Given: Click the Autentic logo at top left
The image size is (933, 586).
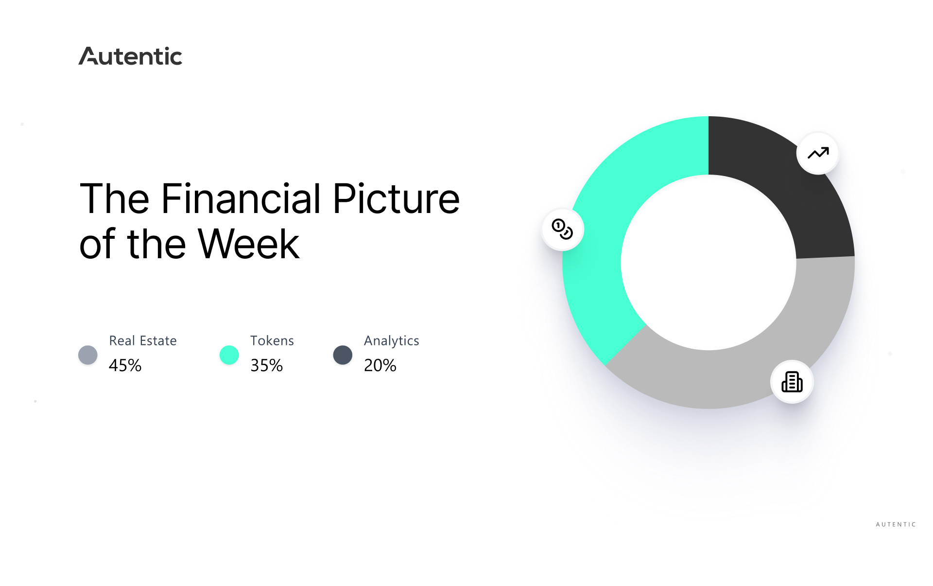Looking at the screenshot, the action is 130,56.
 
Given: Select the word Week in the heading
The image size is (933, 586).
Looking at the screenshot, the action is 249,244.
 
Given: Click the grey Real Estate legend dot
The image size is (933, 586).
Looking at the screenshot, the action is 88,355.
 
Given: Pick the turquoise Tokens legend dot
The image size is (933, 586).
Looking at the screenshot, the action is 229,355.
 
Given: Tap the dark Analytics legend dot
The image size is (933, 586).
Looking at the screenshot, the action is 343,355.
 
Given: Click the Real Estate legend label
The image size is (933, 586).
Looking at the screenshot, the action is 143,340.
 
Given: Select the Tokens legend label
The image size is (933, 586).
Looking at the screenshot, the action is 272,340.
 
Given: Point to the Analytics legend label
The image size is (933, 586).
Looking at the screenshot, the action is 392,341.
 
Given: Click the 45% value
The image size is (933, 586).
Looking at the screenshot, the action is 125,365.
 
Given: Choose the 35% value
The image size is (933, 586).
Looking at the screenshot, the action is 267,365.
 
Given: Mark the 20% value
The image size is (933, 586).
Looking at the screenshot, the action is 380,365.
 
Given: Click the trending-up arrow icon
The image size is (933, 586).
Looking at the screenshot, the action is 818,153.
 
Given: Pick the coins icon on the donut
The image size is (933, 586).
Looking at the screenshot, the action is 562,229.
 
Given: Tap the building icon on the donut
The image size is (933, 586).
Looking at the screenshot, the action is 792,382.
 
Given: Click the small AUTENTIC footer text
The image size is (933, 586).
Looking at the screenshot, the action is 896,524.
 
